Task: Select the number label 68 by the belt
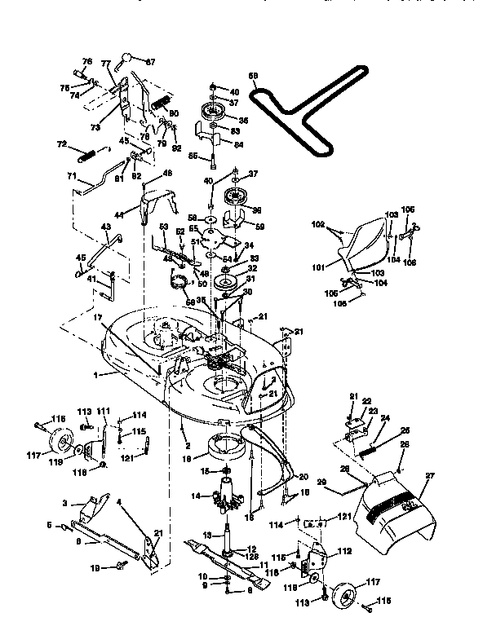(252, 76)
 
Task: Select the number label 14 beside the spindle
(196, 495)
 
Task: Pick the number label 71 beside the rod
(71, 175)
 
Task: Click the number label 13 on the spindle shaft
(206, 535)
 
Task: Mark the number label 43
(105, 227)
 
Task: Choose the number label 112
(344, 550)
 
